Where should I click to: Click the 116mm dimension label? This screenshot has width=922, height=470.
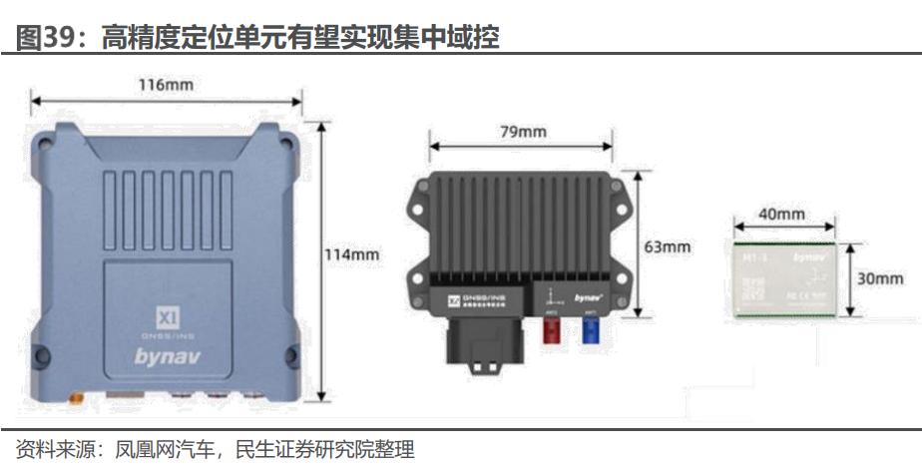[166, 85]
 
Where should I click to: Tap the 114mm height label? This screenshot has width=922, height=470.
[351, 254]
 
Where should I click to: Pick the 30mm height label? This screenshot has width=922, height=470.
[880, 278]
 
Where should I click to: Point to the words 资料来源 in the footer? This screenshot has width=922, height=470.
[48, 449]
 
